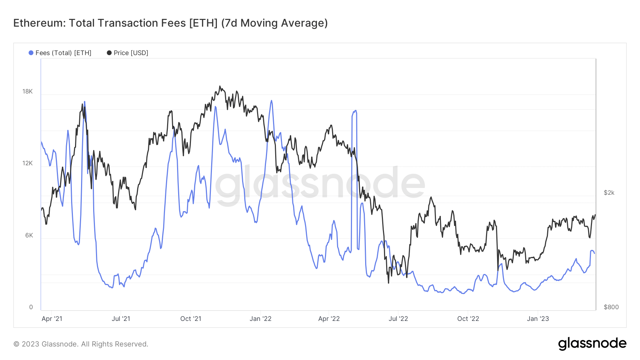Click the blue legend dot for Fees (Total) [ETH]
(x=31, y=53)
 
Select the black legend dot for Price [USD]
(x=109, y=53)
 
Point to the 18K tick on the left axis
(x=27, y=91)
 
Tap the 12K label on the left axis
(x=27, y=163)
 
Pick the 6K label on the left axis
(x=29, y=235)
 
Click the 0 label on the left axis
(x=31, y=307)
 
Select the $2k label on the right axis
(x=609, y=193)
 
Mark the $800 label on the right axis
(x=611, y=307)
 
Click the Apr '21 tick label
(x=52, y=319)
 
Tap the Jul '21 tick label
(x=121, y=319)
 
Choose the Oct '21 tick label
(x=191, y=319)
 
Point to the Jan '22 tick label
(x=260, y=319)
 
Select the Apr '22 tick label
(x=329, y=319)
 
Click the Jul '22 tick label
(x=398, y=319)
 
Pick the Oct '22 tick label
(x=468, y=319)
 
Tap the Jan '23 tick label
(x=538, y=319)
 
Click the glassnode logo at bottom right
(x=592, y=344)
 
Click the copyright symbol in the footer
(x=16, y=344)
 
